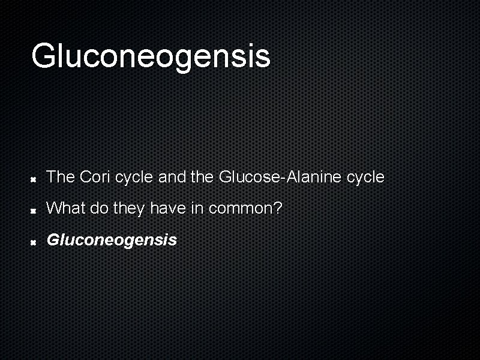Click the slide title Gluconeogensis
point(151,56)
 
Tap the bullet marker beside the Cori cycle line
point(35,178)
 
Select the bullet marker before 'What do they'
point(35,210)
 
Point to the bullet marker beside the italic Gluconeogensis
point(35,241)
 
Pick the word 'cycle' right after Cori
point(134,178)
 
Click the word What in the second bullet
point(66,208)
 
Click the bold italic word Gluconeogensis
point(112,240)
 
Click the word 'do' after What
point(98,208)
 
